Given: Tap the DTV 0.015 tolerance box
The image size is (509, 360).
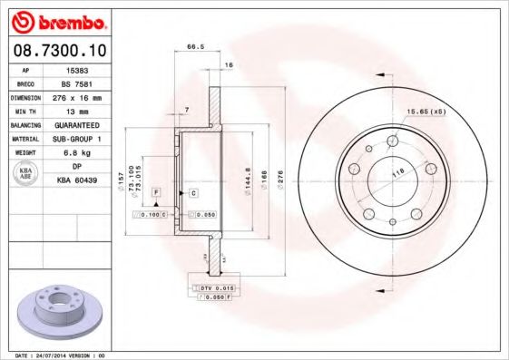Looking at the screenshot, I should coord(210,287).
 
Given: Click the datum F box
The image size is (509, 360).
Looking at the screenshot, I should coord(156,193).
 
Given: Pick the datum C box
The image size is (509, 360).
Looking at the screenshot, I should coord(194,193).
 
